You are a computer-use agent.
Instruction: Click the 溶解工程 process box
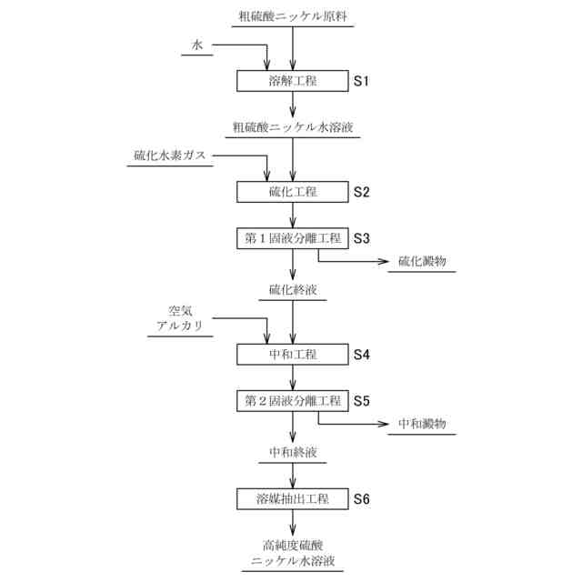point(292,81)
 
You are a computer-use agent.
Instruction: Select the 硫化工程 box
point(292,192)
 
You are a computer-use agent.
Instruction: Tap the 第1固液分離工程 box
point(292,238)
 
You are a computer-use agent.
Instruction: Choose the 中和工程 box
point(292,353)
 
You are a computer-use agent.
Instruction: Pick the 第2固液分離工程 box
point(292,399)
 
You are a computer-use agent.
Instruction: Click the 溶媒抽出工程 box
point(292,499)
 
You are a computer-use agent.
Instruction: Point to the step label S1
point(362,81)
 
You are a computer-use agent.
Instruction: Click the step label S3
point(362,238)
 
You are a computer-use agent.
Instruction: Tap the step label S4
point(362,353)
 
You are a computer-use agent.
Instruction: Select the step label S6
point(362,499)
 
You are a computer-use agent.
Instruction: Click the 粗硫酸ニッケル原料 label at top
point(292,16)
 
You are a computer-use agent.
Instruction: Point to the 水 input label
point(197,45)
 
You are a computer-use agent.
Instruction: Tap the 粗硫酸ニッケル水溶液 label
point(292,127)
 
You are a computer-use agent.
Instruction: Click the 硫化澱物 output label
point(422,262)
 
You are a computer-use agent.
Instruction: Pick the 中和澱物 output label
point(422,424)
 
